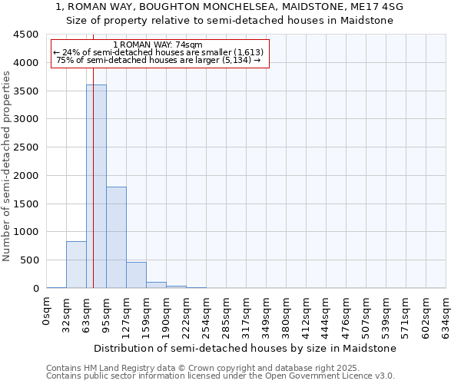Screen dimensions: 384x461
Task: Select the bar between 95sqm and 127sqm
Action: coord(116,237)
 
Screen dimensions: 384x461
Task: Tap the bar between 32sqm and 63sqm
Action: coord(76,265)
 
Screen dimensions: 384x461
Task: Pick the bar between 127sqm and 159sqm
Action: coord(136,275)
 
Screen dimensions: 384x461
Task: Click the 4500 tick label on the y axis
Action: coord(26,35)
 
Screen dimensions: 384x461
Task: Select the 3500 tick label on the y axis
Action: coord(26,91)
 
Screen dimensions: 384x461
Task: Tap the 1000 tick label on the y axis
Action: coord(26,232)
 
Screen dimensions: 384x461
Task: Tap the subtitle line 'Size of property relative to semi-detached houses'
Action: coord(230,21)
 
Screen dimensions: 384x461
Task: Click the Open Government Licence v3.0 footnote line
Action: coord(221,376)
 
